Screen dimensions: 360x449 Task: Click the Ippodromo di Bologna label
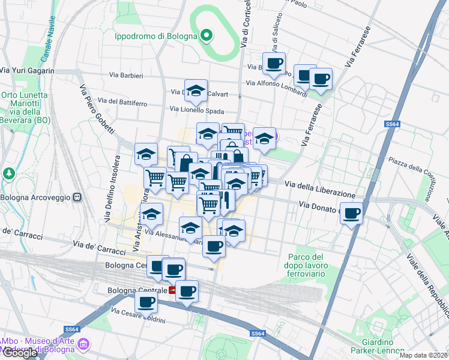[156, 36]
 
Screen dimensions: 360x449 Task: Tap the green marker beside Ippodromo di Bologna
[206, 36]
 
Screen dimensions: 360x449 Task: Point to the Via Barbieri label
[126, 76]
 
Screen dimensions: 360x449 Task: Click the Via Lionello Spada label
[197, 110]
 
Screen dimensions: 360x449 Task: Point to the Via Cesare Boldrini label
[139, 316]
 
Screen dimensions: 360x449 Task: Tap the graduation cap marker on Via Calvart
[196, 91]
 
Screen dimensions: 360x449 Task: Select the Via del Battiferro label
[121, 103]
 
